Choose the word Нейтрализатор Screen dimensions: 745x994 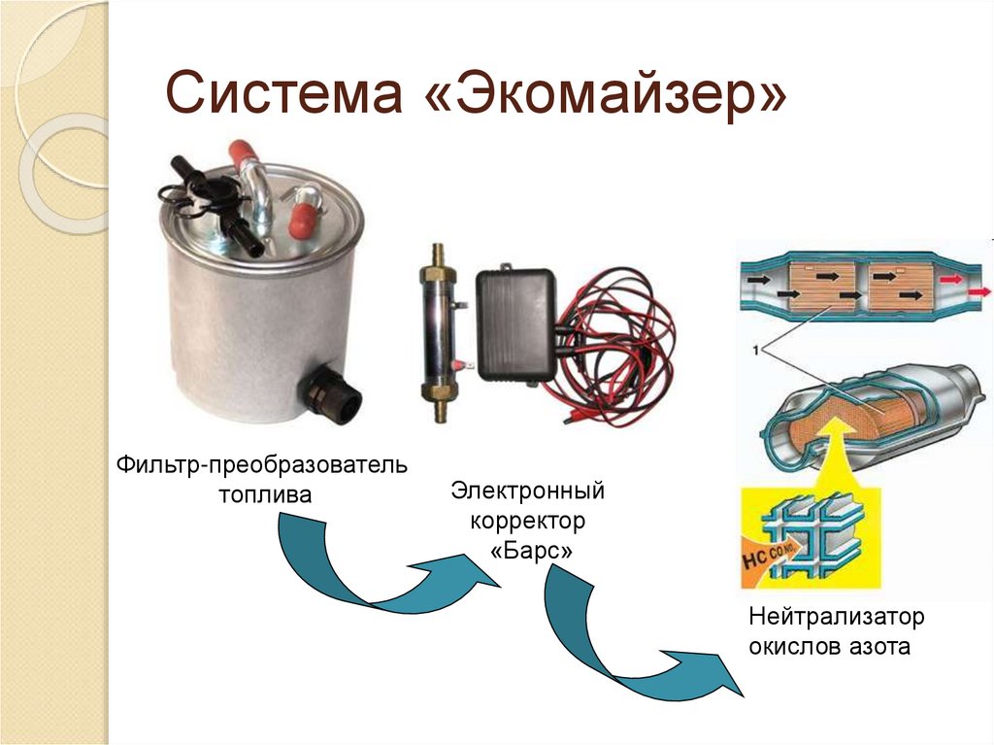[837, 616]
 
